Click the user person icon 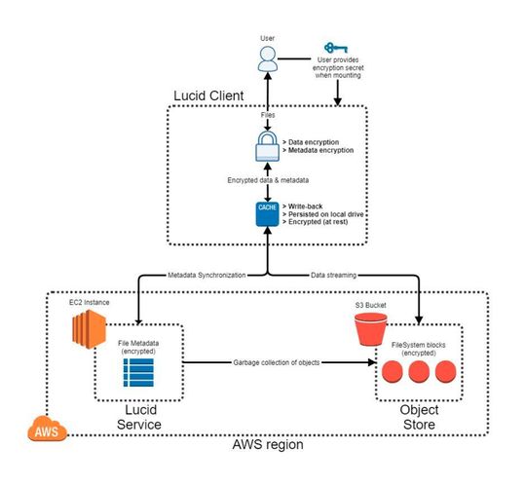268,58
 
